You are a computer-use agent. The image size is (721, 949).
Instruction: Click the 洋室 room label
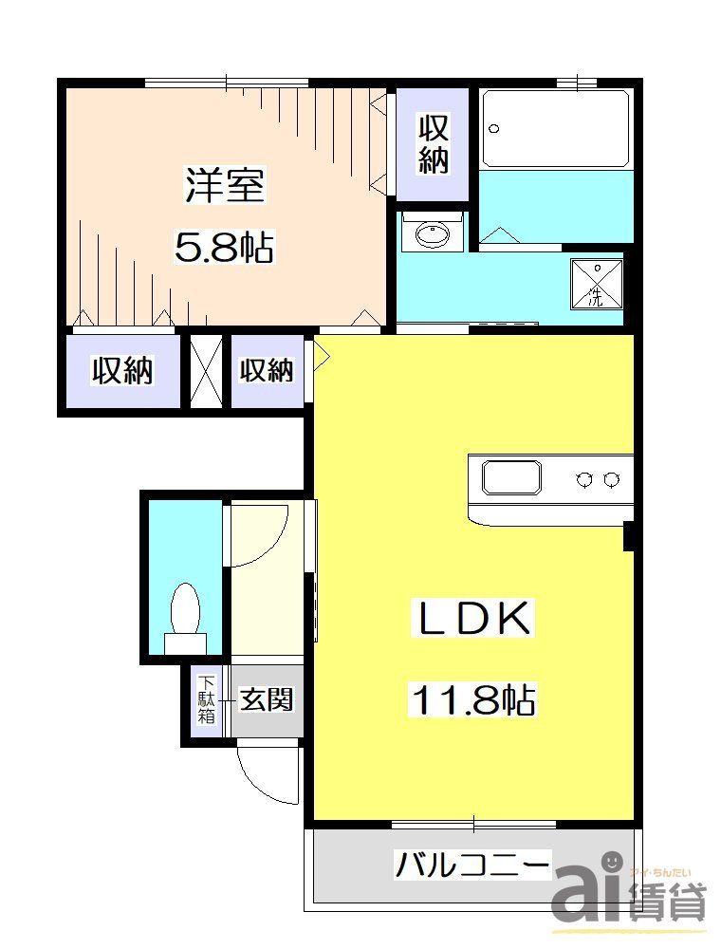pyautogui.click(x=225, y=185)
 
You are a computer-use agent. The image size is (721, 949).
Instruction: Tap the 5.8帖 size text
pyautogui.click(x=225, y=248)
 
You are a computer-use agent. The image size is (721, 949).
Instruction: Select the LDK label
pyautogui.click(x=473, y=620)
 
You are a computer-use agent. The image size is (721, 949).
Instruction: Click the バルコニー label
pyautogui.click(x=471, y=865)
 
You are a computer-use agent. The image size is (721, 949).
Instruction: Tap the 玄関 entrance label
pyautogui.click(x=267, y=700)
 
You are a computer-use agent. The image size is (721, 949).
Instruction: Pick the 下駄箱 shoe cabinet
pyautogui.click(x=206, y=700)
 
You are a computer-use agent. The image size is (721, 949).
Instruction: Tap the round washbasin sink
pyautogui.click(x=434, y=233)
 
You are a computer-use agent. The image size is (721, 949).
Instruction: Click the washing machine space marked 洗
pyautogui.click(x=596, y=283)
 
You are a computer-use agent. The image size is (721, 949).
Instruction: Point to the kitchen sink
pyautogui.click(x=511, y=476)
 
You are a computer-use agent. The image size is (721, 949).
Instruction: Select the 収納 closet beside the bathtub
pyautogui.click(x=433, y=143)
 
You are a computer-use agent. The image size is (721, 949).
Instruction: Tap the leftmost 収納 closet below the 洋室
pyautogui.click(x=121, y=370)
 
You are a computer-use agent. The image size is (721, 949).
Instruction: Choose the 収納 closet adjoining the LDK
pyautogui.click(x=267, y=370)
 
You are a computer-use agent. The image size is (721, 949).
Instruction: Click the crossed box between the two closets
pyautogui.click(x=205, y=369)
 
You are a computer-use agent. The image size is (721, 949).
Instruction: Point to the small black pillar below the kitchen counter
pyautogui.click(x=628, y=535)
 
